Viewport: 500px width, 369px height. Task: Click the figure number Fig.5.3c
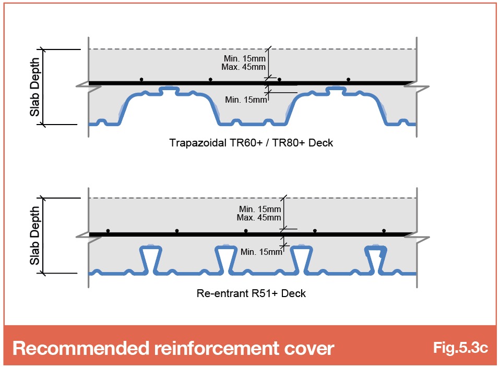(x=460, y=348)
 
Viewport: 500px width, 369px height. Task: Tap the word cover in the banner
(x=309, y=349)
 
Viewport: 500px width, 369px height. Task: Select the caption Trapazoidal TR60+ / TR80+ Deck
(x=251, y=143)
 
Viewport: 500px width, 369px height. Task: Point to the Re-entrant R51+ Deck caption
(x=251, y=293)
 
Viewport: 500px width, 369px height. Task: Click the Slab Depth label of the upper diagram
(x=35, y=87)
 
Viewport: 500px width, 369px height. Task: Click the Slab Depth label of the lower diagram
(x=35, y=236)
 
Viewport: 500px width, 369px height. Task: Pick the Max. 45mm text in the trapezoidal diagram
(x=244, y=67)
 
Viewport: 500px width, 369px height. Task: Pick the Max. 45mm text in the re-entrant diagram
(x=259, y=218)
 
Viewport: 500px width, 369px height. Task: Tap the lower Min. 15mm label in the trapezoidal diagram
(x=246, y=100)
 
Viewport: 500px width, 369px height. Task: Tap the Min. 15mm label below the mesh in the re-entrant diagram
(x=261, y=252)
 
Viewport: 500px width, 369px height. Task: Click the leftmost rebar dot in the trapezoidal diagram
(x=141, y=79)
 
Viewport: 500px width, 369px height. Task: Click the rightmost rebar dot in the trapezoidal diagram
(x=348, y=79)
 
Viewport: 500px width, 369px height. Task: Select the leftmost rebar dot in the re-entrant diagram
(x=108, y=230)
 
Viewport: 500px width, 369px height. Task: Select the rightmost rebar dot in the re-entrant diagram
(x=384, y=230)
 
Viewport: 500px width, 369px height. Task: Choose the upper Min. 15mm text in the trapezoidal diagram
(x=245, y=58)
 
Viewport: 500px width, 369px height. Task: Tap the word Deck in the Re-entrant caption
(x=293, y=293)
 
